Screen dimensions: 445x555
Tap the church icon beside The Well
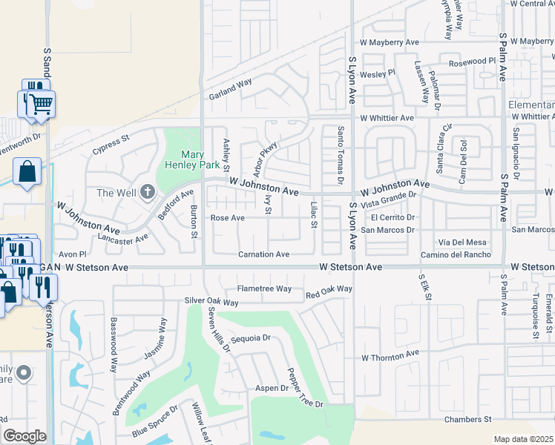147,193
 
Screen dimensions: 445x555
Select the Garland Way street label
230,88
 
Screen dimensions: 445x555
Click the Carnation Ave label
263,254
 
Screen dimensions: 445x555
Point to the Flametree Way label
263,289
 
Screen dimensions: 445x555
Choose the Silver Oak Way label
211,302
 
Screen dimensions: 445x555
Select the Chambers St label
468,420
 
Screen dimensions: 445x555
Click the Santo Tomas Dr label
341,154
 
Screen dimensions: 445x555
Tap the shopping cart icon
42,105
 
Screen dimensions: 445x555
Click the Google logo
24,436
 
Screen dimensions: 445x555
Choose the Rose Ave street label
227,218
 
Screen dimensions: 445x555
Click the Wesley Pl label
378,74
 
